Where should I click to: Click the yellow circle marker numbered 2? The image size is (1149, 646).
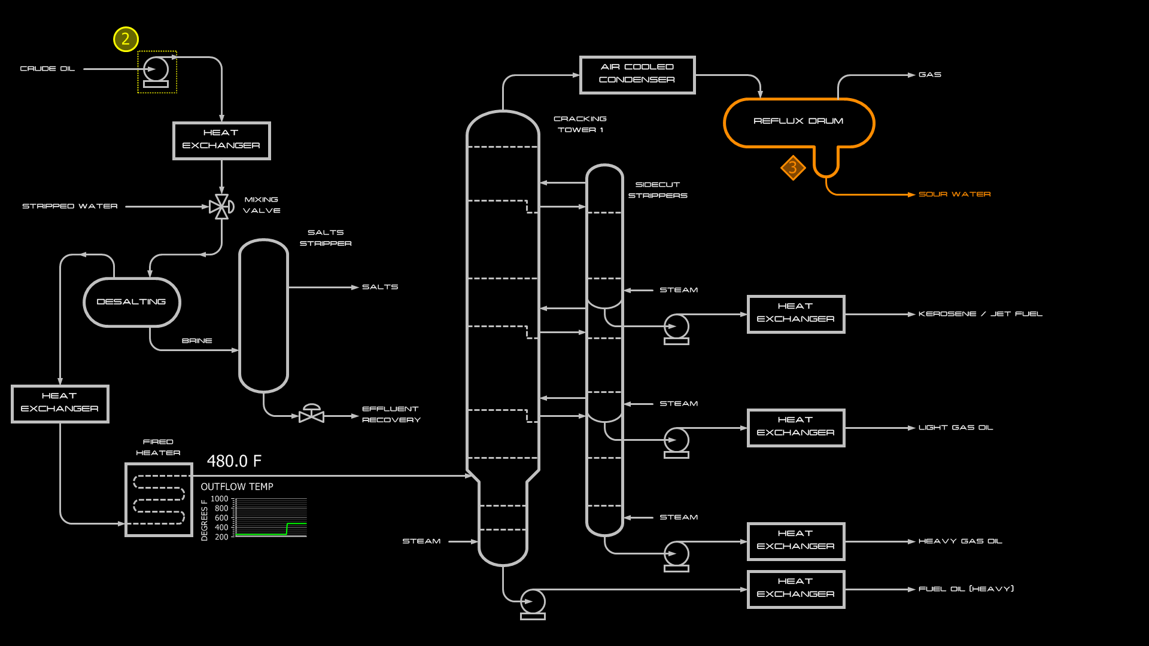click(126, 39)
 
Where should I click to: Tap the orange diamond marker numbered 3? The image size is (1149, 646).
click(793, 167)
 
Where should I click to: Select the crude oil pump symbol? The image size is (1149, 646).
click(156, 71)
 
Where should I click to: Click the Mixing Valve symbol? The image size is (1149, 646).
click(221, 207)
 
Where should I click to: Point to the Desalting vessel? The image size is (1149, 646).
click(132, 302)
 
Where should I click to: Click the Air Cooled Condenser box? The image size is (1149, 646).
click(637, 75)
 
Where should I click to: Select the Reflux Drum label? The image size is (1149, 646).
click(798, 121)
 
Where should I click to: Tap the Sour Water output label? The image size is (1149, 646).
click(955, 194)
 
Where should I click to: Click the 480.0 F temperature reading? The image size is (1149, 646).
click(234, 461)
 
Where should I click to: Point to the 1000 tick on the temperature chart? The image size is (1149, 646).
click(219, 499)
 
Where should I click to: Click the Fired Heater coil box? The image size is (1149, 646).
click(159, 499)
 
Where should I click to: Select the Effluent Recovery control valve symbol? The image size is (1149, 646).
click(311, 414)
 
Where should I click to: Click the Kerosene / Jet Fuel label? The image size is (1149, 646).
click(980, 314)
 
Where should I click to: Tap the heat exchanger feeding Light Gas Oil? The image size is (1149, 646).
click(795, 428)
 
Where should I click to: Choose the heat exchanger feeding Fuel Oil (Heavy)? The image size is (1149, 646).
click(795, 589)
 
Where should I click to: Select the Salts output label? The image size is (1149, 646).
click(380, 287)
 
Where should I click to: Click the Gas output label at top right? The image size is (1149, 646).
click(930, 75)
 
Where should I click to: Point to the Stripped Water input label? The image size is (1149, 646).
click(70, 206)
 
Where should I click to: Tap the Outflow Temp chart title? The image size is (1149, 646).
click(237, 487)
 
